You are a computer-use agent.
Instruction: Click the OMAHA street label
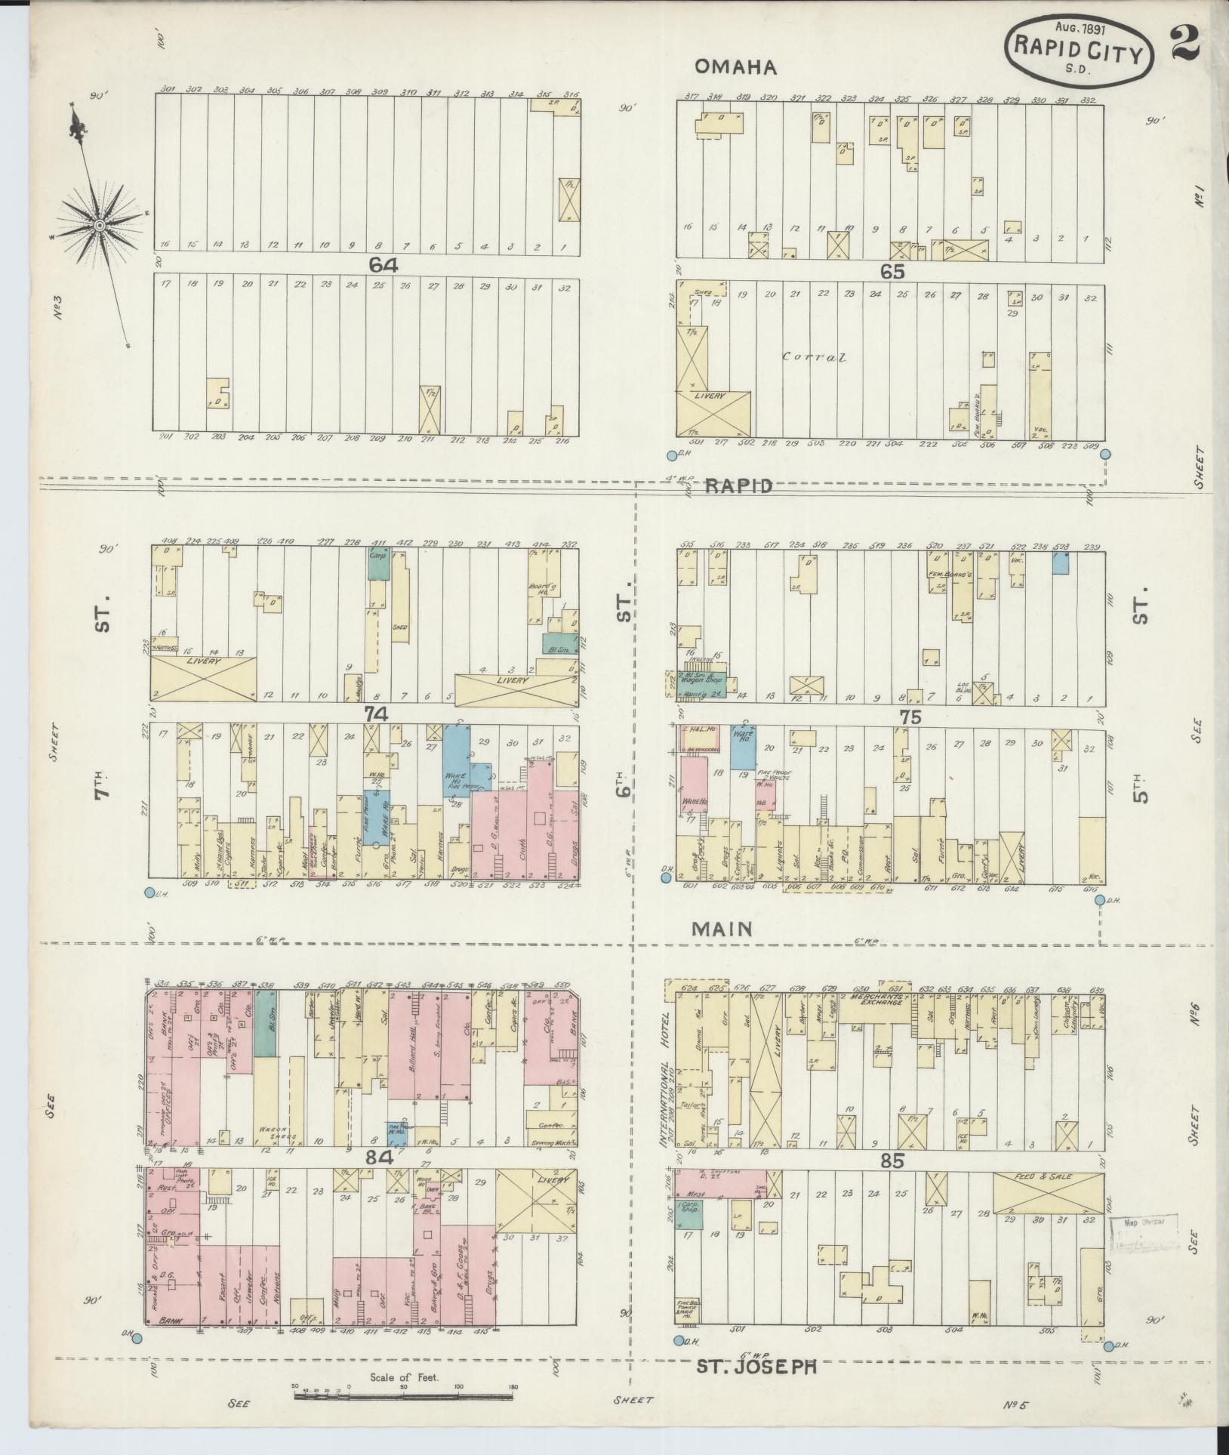[735, 67]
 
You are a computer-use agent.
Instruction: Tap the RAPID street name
[740, 486]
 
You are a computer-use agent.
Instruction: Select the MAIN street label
[722, 929]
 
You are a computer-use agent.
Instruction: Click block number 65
[892, 272]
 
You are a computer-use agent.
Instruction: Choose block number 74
[375, 713]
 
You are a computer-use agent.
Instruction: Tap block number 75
[910, 717]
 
